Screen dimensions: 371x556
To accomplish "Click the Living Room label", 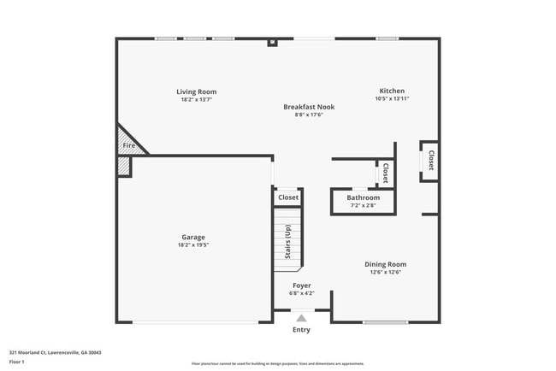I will (x=196, y=91).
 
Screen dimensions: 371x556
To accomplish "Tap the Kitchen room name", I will (x=392, y=91).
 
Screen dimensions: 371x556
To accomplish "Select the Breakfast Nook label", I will (x=309, y=107).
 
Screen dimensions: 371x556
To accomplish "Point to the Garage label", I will (x=192, y=237).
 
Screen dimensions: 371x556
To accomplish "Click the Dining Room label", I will (x=385, y=264).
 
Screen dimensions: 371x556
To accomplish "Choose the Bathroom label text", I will (x=363, y=197).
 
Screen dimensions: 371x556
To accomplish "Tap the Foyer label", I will (x=301, y=285).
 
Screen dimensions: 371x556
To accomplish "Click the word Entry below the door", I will (x=301, y=330).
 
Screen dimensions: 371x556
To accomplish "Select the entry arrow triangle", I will (x=301, y=317).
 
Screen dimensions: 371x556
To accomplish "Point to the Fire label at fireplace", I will (x=128, y=145).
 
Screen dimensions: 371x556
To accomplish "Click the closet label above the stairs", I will (x=288, y=197).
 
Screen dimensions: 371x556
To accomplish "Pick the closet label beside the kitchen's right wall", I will (x=430, y=161).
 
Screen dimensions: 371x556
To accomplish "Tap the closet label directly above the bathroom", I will (x=385, y=174).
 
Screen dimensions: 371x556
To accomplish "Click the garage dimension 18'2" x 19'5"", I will (x=192, y=245).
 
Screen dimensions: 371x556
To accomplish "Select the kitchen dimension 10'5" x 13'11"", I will (x=392, y=99).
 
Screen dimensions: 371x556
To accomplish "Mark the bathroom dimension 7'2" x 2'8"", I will (x=363, y=206).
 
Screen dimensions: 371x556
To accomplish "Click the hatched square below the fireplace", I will (x=124, y=167).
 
